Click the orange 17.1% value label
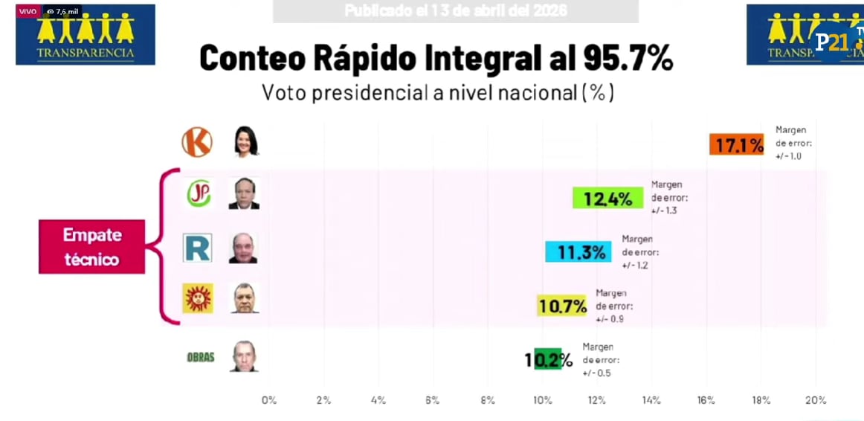click(x=736, y=145)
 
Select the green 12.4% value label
click(x=607, y=199)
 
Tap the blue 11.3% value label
click(x=578, y=252)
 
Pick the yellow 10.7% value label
click(x=562, y=306)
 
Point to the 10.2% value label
click(x=549, y=359)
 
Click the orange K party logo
click(x=197, y=142)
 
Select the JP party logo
click(x=198, y=194)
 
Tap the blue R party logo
click(x=198, y=248)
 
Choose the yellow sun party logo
click(x=198, y=298)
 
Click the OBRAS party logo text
click(x=200, y=357)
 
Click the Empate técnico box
click(x=91, y=247)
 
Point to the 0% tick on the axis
click(x=269, y=400)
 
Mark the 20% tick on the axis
click(x=816, y=400)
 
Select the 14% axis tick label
click(x=651, y=400)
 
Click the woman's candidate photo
click(x=245, y=141)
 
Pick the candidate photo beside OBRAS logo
click(x=243, y=356)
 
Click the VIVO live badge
click(x=28, y=11)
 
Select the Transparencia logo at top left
click(x=86, y=36)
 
